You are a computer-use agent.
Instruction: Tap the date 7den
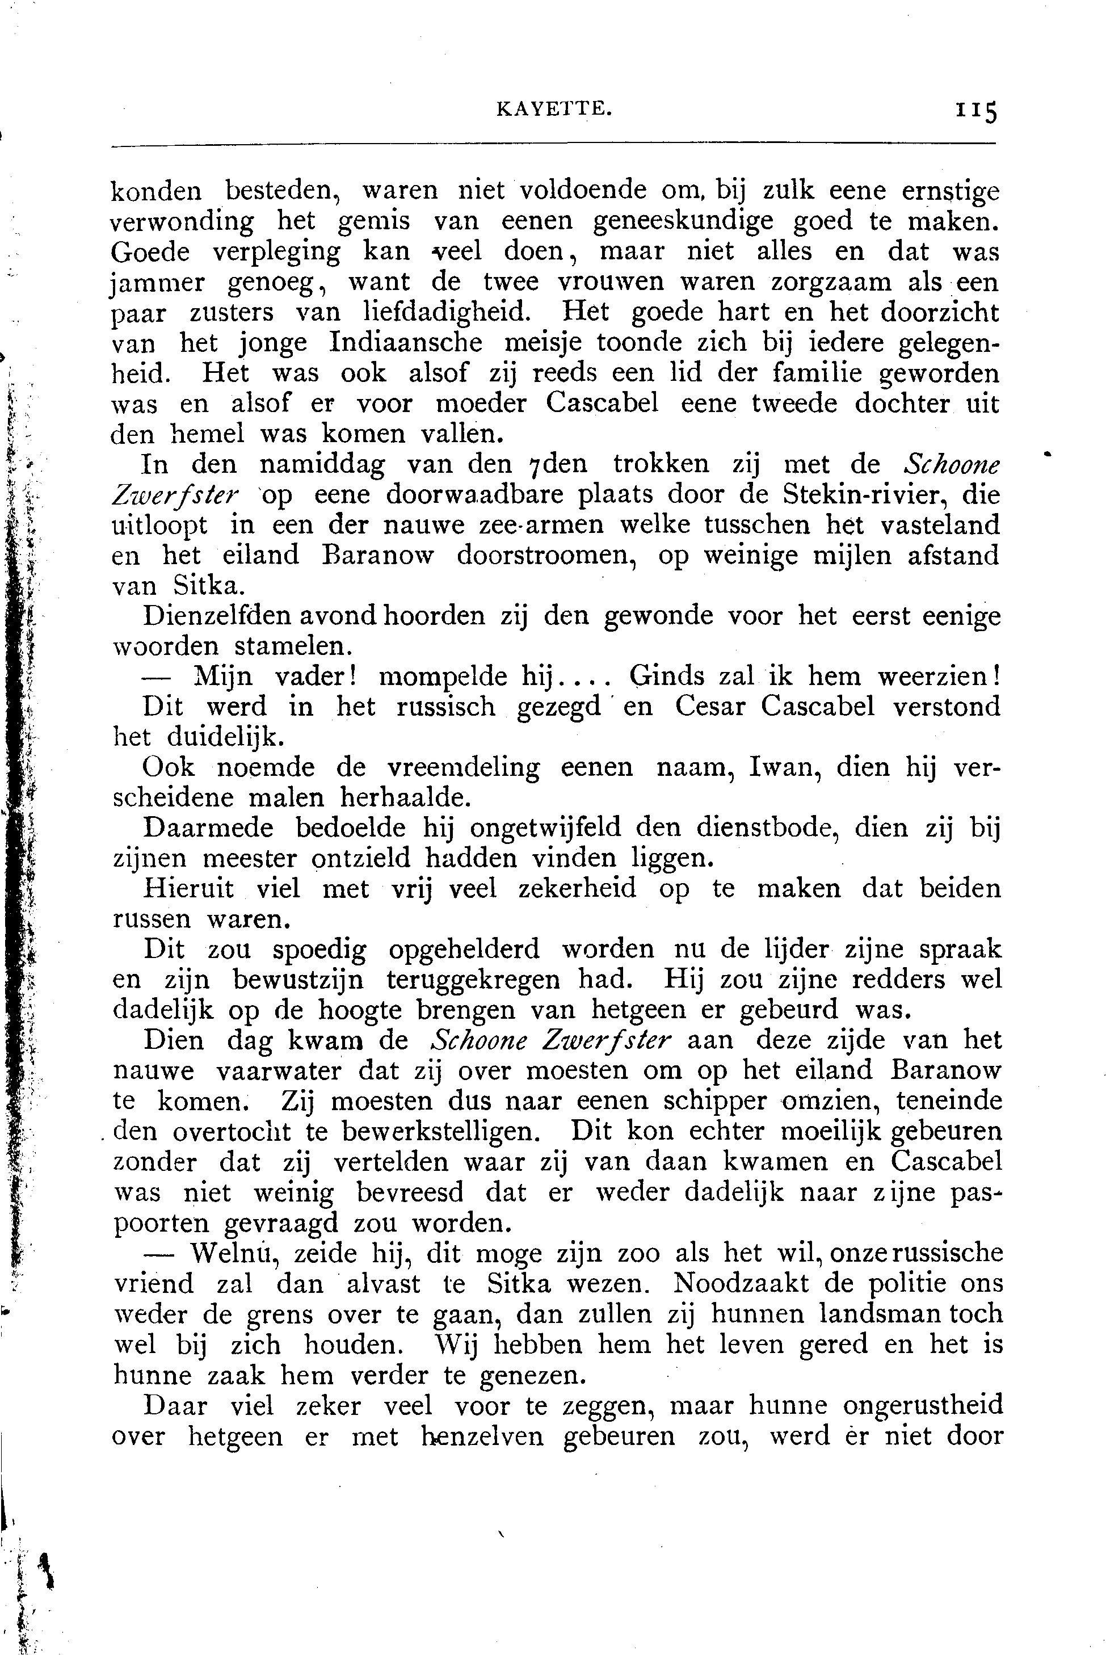563,465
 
